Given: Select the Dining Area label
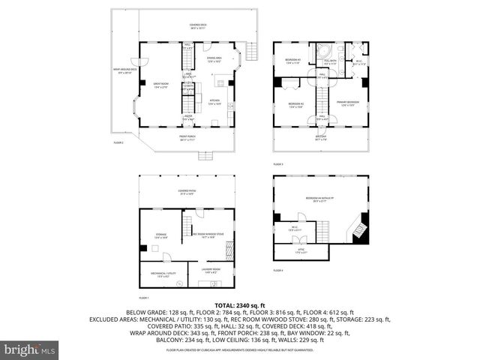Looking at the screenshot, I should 214,59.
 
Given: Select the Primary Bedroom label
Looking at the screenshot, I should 348,103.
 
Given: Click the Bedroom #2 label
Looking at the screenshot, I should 295,104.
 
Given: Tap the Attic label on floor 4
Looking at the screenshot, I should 300,252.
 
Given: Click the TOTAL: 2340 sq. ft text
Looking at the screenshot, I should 240,305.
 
